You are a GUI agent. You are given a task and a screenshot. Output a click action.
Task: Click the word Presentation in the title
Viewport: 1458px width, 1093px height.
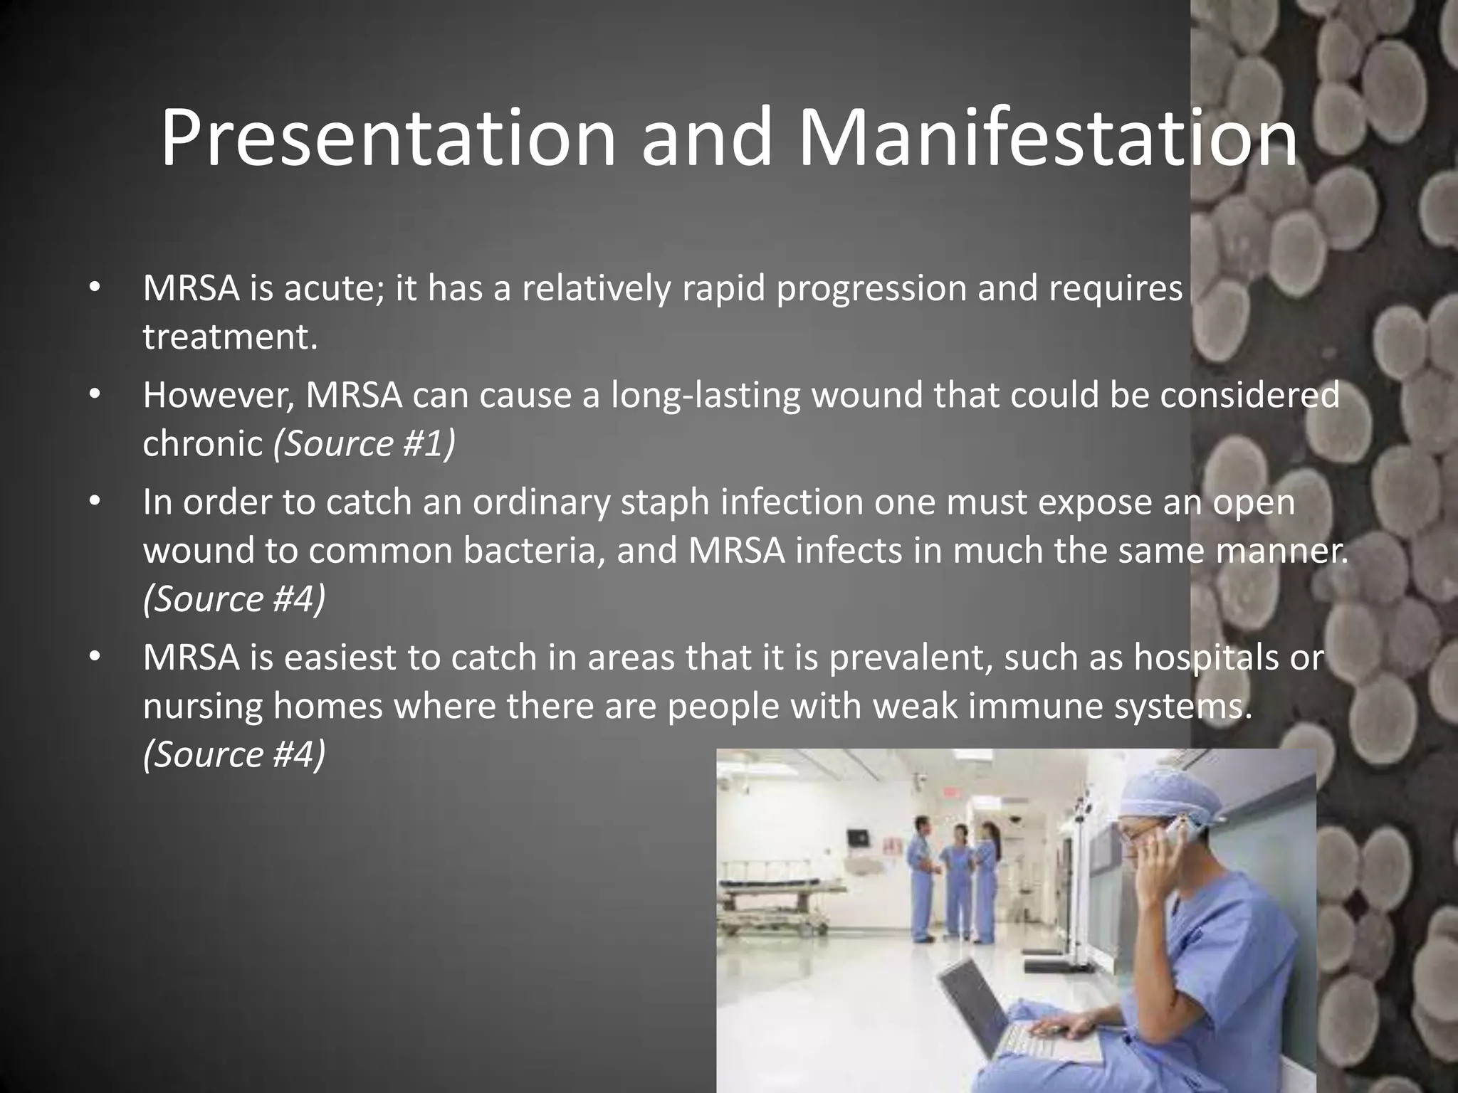387,139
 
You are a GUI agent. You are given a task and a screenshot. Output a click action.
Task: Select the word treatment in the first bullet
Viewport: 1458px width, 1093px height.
229,337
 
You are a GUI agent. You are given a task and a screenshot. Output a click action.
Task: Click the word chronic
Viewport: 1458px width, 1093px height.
203,444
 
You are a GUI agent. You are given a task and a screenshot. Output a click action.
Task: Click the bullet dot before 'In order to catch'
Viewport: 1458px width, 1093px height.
92,502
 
